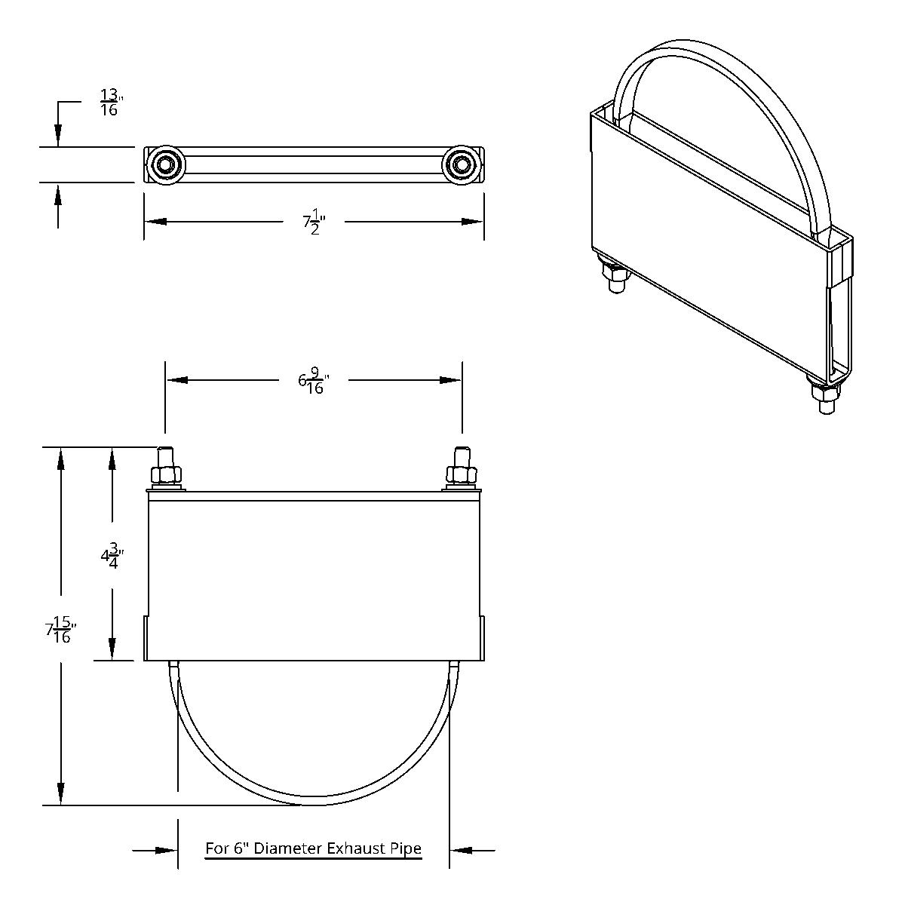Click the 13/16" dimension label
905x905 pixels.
(x=110, y=102)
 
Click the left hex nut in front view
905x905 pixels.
(x=166, y=475)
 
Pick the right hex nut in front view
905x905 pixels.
(x=461, y=475)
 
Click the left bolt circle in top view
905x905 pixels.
(x=164, y=163)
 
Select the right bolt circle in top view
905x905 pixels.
(x=461, y=163)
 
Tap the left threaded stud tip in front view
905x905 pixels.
(x=166, y=456)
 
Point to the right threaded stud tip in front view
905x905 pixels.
(x=461, y=456)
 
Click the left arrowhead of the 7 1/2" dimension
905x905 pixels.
(x=155, y=222)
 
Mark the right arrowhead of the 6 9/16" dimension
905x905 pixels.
(x=451, y=381)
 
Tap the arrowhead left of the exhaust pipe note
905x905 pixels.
(x=167, y=851)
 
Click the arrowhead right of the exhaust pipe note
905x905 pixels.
(x=461, y=851)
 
